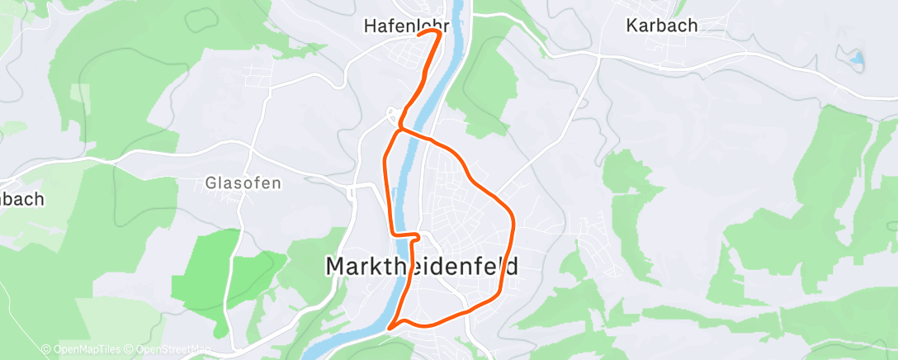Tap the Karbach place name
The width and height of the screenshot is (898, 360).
coord(661,26)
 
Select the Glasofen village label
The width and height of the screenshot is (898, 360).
coord(243,183)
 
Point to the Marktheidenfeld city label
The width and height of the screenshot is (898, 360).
coord(423,266)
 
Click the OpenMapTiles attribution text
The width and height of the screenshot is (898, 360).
coord(82,350)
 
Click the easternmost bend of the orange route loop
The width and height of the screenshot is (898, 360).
coord(513,223)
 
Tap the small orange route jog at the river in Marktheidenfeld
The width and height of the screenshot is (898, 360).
coord(413,238)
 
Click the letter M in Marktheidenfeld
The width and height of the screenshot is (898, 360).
coord(337,266)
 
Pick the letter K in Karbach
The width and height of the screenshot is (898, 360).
coord(632,26)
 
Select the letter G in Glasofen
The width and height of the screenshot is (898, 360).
coord(210,183)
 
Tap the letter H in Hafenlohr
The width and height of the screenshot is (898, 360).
coord(370,26)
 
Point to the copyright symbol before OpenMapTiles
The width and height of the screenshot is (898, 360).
coord(45,350)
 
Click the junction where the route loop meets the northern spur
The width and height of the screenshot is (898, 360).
coord(399,129)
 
